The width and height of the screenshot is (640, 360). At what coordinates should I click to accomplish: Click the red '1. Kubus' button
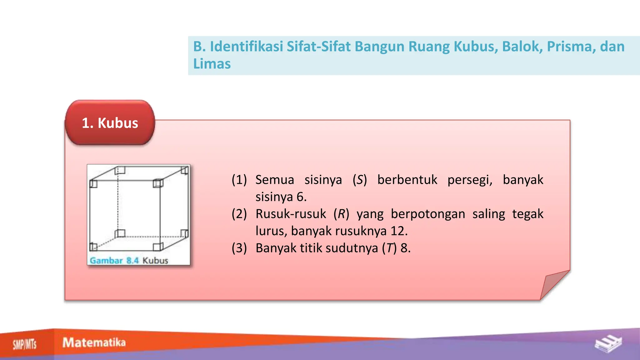110,123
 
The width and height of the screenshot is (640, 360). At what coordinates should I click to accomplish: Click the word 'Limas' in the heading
212,64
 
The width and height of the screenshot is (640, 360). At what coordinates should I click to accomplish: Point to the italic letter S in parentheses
360,180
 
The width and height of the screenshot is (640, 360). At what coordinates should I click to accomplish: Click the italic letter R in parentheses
341,214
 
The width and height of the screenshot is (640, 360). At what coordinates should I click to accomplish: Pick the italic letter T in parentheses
389,248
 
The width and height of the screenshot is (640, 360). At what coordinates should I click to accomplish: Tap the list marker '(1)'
239,180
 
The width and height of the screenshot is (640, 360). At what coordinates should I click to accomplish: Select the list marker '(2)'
239,214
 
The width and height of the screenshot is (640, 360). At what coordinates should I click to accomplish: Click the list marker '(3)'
239,248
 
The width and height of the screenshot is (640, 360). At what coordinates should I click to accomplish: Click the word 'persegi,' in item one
470,180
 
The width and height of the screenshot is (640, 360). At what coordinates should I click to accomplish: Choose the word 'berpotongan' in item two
428,214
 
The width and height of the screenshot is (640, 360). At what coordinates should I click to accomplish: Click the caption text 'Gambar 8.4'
114,260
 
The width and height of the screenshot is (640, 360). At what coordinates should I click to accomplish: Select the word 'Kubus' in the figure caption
155,260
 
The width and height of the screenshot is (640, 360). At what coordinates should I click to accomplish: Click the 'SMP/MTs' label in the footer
25,344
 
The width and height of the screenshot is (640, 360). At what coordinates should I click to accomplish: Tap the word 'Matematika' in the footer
94,342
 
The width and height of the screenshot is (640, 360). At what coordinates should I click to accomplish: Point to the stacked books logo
608,344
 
